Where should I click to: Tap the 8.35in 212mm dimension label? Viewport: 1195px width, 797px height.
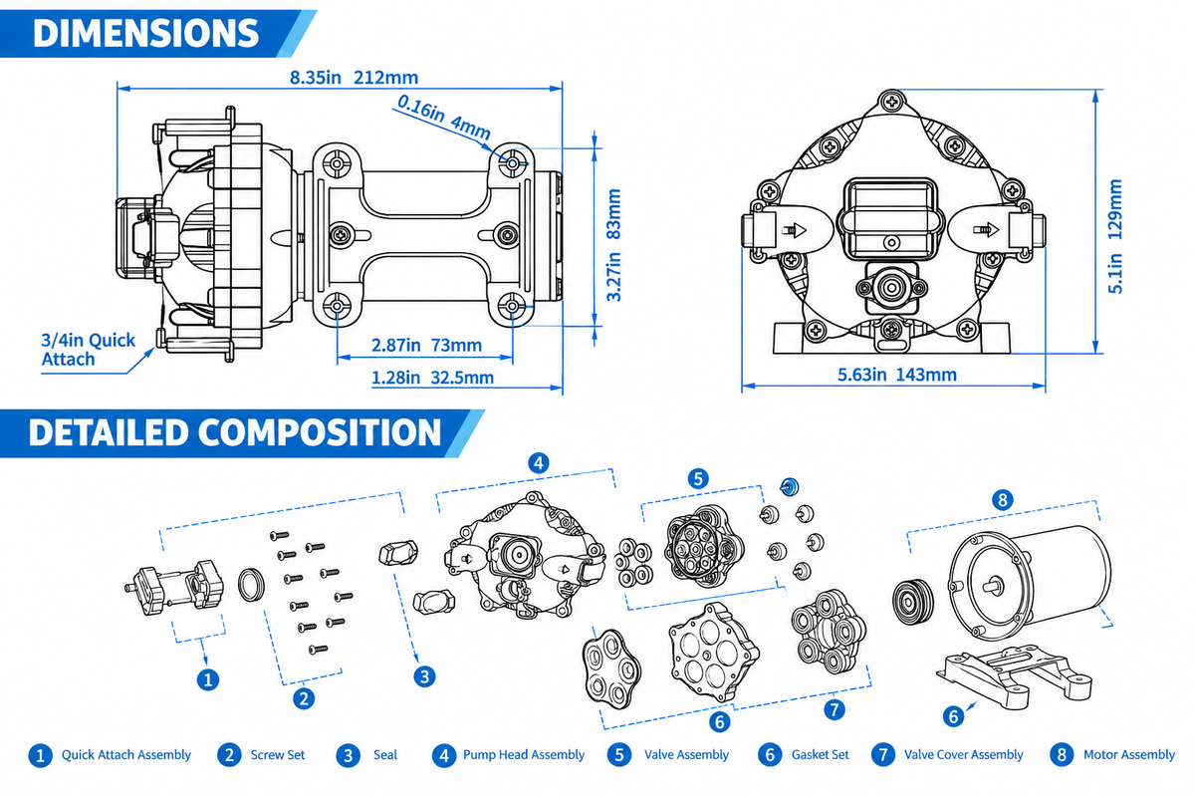tap(354, 78)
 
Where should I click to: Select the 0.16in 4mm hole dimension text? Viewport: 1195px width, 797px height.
tap(444, 117)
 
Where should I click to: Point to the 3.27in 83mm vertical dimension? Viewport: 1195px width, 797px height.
tap(614, 245)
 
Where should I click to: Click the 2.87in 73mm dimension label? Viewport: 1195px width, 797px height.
tap(426, 346)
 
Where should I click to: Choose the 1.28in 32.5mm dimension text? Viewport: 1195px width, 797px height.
tap(432, 378)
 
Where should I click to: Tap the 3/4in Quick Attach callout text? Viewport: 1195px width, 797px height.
tap(88, 350)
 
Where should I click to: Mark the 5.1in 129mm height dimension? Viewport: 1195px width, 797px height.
tap(1115, 236)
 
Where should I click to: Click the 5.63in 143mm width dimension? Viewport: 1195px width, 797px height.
tap(897, 375)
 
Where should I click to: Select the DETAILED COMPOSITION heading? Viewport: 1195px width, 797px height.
tap(235, 432)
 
